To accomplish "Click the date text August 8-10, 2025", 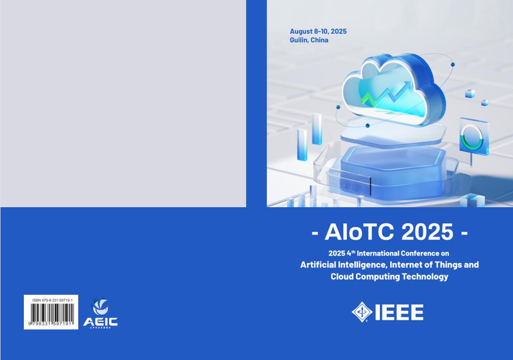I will [318, 32].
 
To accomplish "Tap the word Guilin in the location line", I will [299, 40].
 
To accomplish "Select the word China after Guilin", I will [320, 40].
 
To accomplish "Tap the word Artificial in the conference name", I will [319, 265].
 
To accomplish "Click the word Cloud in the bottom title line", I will [342, 277].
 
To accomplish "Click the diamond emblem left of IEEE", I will [362, 312].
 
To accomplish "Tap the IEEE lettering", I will [398, 312].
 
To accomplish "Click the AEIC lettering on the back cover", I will [101, 322].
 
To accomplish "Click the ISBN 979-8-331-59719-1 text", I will [51, 300].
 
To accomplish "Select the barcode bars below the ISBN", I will [51, 313].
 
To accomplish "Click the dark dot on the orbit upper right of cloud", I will [452, 64].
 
